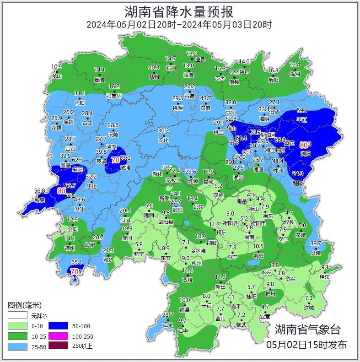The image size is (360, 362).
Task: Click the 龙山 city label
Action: point(57,76)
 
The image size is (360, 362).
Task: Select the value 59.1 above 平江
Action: point(302,110)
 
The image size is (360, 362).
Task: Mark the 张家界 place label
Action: point(114,96)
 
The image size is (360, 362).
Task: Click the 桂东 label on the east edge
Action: point(324,277)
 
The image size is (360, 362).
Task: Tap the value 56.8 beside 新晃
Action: point(40,191)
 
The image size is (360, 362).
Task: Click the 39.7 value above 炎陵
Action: point(316,243)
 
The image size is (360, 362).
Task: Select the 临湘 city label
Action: point(295,74)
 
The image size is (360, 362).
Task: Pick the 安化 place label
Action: point(163,140)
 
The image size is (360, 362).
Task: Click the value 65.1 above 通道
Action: point(77,262)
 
